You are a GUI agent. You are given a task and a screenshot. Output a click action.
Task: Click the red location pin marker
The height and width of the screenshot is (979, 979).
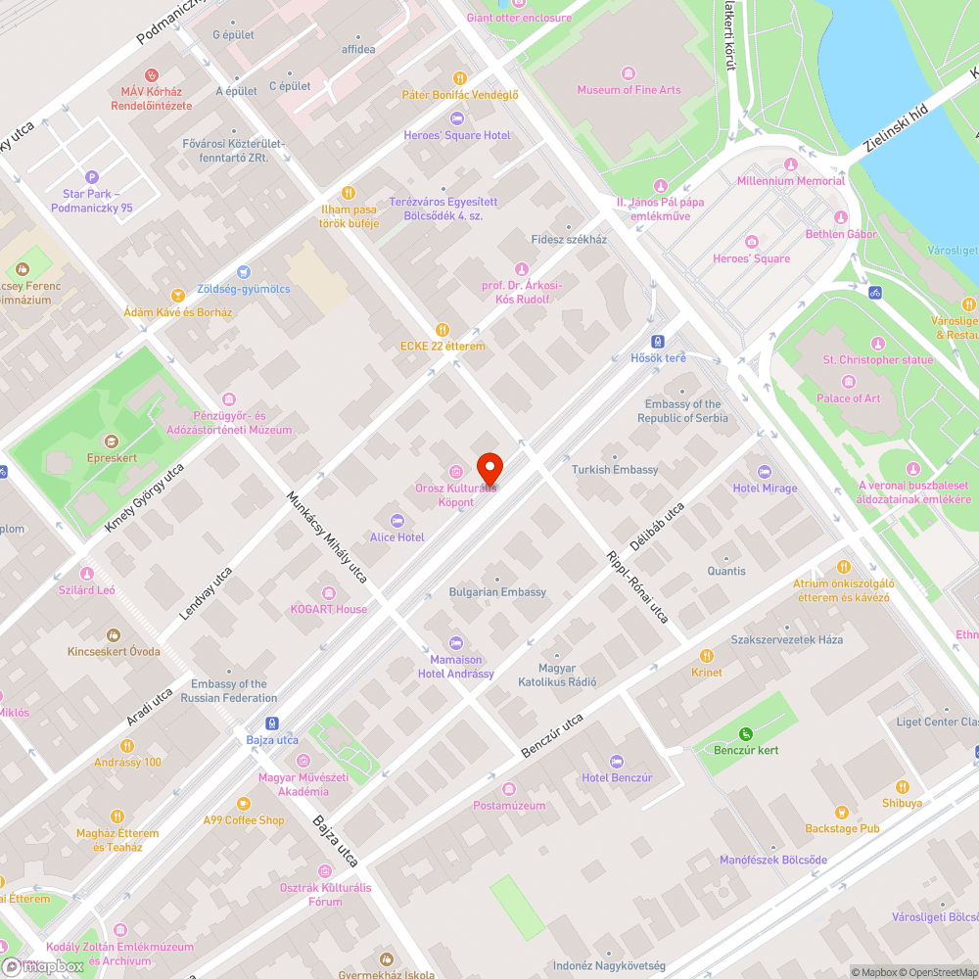pyautogui.click(x=489, y=467)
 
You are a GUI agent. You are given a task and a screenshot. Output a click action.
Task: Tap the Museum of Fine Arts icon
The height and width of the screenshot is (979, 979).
pyautogui.click(x=629, y=72)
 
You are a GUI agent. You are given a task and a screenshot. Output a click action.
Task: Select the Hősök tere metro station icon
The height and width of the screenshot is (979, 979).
pyautogui.click(x=659, y=342)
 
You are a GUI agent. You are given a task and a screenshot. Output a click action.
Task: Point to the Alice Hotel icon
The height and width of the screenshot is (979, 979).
pyautogui.click(x=396, y=521)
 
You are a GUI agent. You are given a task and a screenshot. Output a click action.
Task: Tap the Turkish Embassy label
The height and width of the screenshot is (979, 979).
pyautogui.click(x=615, y=470)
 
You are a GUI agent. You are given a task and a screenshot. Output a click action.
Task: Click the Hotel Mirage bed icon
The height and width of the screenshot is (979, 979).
pyautogui.click(x=765, y=472)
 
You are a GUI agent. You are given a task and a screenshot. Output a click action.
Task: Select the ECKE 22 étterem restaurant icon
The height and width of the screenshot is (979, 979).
pyautogui.click(x=443, y=330)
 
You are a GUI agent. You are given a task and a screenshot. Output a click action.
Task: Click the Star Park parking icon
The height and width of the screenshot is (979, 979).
pyautogui.click(x=92, y=177)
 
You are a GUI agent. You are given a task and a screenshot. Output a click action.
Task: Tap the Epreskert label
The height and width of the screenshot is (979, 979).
pyautogui.click(x=111, y=458)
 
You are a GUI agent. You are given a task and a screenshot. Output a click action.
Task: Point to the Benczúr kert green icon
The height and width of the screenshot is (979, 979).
pyautogui.click(x=746, y=733)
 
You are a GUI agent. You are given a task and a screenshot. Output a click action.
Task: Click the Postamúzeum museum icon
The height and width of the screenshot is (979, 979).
pyautogui.click(x=508, y=789)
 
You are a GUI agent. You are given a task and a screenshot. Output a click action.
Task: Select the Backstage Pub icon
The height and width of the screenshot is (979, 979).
pyautogui.click(x=841, y=813)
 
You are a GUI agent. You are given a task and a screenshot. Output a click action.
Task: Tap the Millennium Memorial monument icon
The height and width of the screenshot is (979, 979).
pyautogui.click(x=791, y=164)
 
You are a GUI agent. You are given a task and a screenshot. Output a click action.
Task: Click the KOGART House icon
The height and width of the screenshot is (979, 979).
pyautogui.click(x=328, y=592)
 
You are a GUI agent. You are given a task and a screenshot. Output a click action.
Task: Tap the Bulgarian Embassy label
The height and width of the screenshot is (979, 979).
pyautogui.click(x=497, y=592)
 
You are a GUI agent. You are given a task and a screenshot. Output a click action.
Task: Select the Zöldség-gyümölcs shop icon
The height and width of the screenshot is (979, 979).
pyautogui.click(x=244, y=273)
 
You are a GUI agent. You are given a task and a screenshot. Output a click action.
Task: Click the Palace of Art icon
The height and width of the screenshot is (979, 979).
pyautogui.click(x=849, y=382)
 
